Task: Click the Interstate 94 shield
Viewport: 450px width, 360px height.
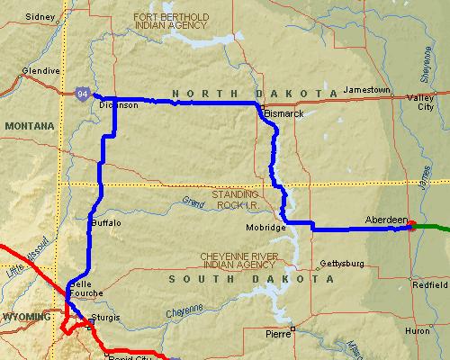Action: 83,92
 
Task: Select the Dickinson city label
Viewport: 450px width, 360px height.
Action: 118,105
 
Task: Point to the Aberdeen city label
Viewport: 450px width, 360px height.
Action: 387,219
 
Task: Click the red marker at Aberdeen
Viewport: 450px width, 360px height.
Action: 411,225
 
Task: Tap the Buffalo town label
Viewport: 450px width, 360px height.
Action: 106,221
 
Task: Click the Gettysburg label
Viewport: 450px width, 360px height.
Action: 341,264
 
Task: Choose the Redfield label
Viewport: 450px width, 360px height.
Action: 428,284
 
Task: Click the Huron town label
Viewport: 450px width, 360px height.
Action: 418,331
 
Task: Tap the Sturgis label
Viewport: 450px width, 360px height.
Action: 105,319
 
